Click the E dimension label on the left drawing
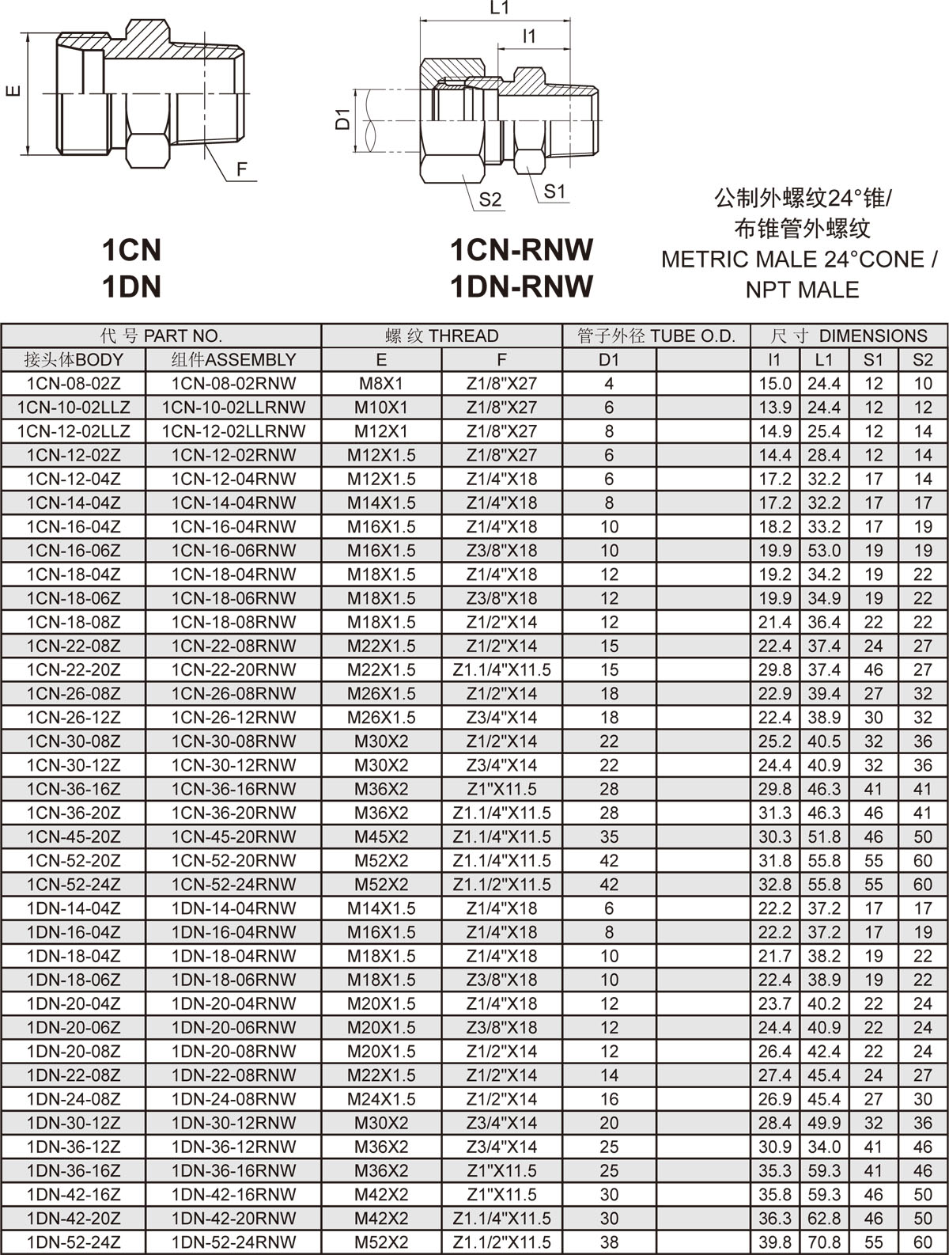(x=13, y=92)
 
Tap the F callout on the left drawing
(x=242, y=169)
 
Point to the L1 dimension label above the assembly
(x=499, y=9)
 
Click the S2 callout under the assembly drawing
(x=490, y=199)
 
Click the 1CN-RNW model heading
(x=521, y=250)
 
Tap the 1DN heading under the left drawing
(x=131, y=286)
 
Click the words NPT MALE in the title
(x=802, y=290)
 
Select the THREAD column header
(x=441, y=336)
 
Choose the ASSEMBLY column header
(x=233, y=359)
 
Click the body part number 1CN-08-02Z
(x=74, y=384)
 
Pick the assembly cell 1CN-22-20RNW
(x=233, y=669)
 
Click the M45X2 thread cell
(x=381, y=836)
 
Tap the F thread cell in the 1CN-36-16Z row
(x=501, y=789)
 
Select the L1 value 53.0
(x=824, y=550)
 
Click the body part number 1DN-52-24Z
(x=74, y=1242)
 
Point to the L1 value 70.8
(x=824, y=1242)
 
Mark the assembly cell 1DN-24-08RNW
(x=233, y=1098)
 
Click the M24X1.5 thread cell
(x=381, y=1098)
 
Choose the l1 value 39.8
(x=774, y=1242)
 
